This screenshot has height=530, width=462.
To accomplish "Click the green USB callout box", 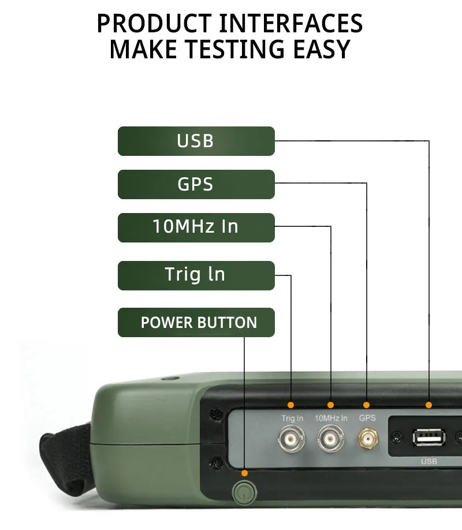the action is (x=196, y=141).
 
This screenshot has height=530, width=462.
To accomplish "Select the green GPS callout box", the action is (x=196, y=184).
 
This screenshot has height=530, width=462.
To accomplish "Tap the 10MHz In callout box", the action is (x=196, y=227).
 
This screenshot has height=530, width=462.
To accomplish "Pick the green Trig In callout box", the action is (x=196, y=275).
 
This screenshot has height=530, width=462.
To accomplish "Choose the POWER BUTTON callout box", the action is (x=196, y=322).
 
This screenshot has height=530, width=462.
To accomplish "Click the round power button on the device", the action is (x=244, y=492).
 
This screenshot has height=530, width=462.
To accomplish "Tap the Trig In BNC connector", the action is (x=291, y=439).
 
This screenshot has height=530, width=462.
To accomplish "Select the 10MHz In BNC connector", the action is (x=331, y=439).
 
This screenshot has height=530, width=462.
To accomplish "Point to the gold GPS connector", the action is (x=368, y=438).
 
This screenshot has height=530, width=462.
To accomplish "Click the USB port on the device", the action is (x=429, y=438).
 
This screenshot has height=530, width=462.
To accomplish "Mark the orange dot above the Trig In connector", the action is (x=290, y=405).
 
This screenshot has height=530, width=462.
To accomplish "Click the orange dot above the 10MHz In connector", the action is (x=330, y=405).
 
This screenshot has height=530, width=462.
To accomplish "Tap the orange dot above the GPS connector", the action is (x=366, y=405).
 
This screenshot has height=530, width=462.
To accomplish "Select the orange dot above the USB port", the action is (x=429, y=405).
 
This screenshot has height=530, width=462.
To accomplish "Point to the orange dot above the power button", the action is (x=244, y=473).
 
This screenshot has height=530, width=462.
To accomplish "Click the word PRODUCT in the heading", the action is (x=154, y=23).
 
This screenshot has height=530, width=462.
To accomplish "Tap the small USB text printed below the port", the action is (x=429, y=461).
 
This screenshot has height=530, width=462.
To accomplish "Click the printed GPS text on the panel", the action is (x=367, y=418).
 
